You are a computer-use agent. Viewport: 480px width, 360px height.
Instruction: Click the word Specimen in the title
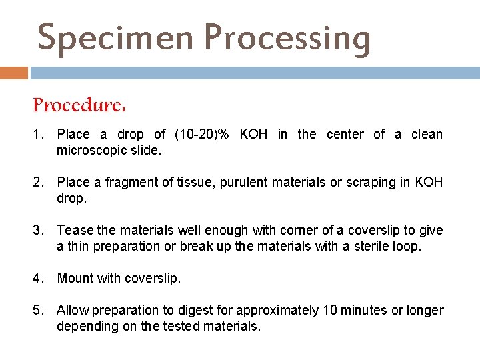116,37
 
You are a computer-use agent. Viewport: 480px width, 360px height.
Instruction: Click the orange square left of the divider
14,72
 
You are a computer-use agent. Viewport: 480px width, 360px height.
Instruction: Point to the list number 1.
38,135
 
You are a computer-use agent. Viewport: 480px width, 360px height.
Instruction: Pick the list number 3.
38,231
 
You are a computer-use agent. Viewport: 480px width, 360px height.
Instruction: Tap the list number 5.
38,310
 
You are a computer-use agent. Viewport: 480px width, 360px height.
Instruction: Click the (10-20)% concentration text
201,135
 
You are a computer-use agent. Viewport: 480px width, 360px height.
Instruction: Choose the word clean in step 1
427,135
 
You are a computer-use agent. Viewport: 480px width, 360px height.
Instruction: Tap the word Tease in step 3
75,231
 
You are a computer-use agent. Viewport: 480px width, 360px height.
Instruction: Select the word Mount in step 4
75,279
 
